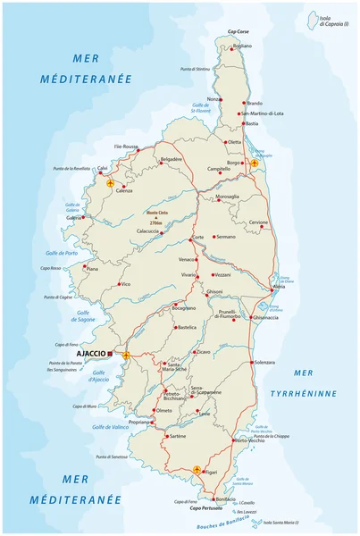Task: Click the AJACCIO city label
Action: pyautogui.click(x=88, y=353)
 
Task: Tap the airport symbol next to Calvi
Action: pyautogui.click(x=111, y=183)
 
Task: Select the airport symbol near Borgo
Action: pyautogui.click(x=255, y=163)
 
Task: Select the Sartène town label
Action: pyautogui.click(x=177, y=435)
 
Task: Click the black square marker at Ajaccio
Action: pyautogui.click(x=110, y=353)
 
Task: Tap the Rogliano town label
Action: pyautogui.click(x=242, y=46)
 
